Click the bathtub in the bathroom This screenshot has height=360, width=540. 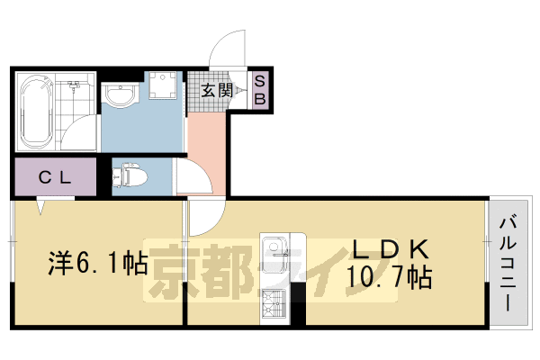point(35,115)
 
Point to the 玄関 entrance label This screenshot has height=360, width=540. point(217,91)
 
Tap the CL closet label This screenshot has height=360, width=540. point(53,177)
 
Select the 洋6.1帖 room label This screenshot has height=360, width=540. point(97,264)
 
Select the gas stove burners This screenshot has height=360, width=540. point(272,304)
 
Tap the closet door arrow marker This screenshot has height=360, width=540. point(41,206)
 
